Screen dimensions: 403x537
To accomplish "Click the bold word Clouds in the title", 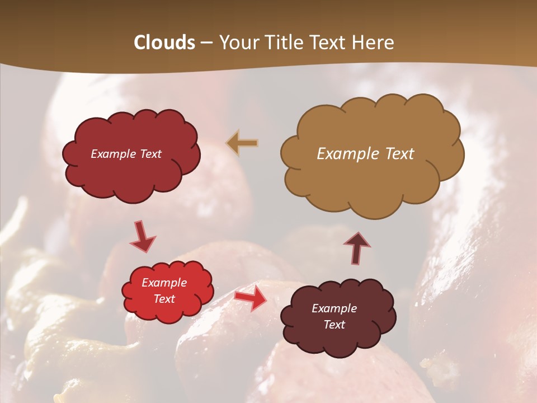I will coord(164,43).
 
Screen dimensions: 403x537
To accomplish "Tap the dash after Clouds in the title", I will coord(206,43).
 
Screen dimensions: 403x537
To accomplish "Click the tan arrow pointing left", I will coord(242,143).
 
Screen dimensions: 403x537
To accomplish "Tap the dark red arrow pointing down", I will coord(143,237).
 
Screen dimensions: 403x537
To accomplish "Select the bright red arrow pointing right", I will coord(252,298).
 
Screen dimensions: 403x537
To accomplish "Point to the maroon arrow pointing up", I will coord(357,247).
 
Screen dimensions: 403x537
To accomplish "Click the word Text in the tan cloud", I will coord(399,154).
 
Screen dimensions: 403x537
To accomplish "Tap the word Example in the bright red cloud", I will coord(164,283).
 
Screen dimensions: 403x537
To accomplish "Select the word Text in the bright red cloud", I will coord(164,299).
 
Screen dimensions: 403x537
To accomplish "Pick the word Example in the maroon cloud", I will coord(335,308).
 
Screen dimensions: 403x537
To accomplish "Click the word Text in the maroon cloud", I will coord(335,325).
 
